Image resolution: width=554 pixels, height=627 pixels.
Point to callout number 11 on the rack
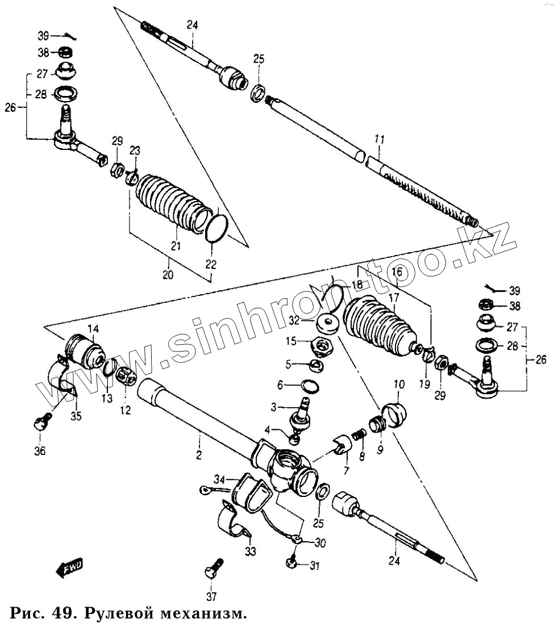click(x=380, y=139)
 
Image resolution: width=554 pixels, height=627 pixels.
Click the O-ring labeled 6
click(x=309, y=387)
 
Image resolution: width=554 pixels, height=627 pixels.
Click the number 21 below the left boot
click(x=176, y=246)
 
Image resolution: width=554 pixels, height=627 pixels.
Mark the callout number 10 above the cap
click(x=398, y=385)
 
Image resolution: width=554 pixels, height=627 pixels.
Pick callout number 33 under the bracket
click(x=251, y=551)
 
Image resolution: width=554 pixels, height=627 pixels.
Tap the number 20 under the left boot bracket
click(x=168, y=275)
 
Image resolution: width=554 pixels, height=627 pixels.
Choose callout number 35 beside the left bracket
click(x=76, y=416)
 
